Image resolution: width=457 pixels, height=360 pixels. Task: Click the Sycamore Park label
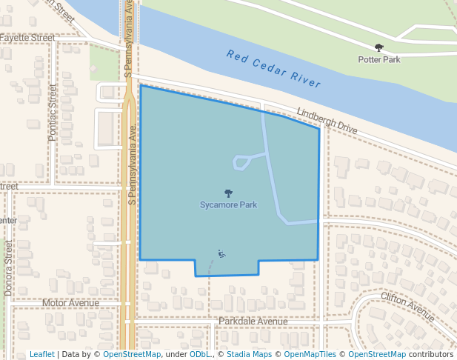click(228, 205)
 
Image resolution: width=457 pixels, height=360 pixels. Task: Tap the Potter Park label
click(378, 59)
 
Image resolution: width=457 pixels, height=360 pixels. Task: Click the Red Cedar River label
click(273, 68)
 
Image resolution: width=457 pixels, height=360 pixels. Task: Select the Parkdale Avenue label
click(253, 321)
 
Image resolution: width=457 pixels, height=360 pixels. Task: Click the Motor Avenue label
click(70, 303)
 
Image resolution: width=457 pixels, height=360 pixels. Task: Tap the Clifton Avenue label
click(407, 306)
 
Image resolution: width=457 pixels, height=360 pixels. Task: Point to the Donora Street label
click(9, 267)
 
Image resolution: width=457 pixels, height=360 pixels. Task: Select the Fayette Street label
click(27, 37)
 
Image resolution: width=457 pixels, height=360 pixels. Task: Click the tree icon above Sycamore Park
click(228, 193)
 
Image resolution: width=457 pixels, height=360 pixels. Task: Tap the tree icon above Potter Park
click(379, 47)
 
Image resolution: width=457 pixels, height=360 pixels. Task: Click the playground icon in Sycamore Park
click(221, 254)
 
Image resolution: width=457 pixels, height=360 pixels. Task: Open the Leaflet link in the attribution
click(41, 354)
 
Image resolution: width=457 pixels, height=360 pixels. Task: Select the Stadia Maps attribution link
click(248, 354)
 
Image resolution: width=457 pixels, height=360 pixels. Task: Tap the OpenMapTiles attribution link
click(310, 354)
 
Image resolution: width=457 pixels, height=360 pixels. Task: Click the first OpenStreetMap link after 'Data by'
click(132, 354)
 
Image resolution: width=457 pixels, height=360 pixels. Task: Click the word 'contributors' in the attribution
click(431, 354)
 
